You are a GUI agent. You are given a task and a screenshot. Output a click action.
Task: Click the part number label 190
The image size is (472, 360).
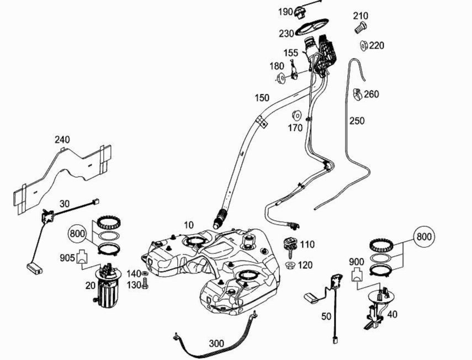coord(285,12)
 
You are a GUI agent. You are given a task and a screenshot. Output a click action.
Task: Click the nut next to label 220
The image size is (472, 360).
coord(364,45)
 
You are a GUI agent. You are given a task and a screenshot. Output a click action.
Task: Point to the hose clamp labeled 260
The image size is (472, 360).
coord(356,94)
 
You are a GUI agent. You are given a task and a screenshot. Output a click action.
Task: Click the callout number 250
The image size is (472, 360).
coord(357,120)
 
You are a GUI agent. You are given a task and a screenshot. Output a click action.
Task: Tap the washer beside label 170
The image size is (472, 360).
coord(295,116)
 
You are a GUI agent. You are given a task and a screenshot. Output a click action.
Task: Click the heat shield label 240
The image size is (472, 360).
coord(62,140)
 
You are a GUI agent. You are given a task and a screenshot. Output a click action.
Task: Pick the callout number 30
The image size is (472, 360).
coord(64,203)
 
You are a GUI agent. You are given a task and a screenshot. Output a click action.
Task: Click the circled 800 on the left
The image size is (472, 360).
coord(78,234)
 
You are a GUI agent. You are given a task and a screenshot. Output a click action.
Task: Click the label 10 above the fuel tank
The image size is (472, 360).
coord(189,225)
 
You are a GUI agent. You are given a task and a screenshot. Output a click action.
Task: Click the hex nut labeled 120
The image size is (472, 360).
coord(289,266)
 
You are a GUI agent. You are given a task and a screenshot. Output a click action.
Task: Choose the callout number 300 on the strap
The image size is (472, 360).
coord(216,343)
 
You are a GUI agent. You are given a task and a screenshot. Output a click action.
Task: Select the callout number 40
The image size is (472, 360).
coord(393,315)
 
